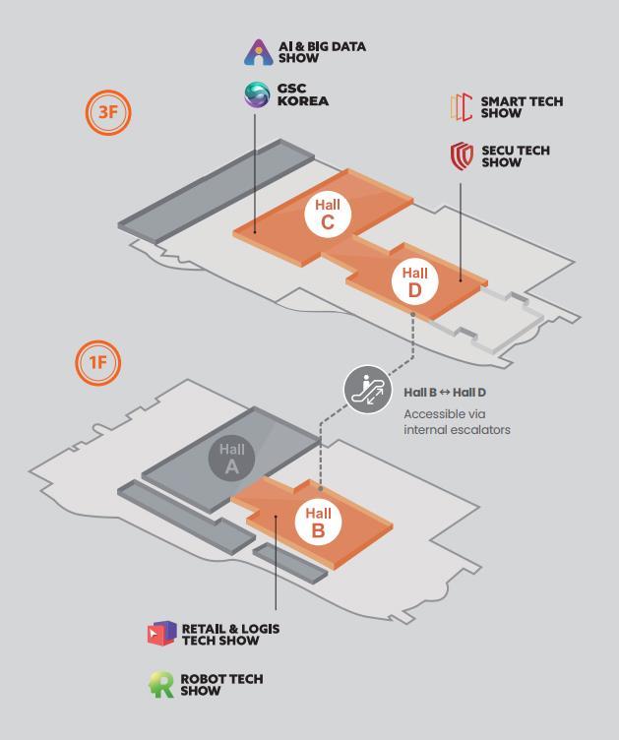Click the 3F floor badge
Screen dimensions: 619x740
click(x=107, y=111)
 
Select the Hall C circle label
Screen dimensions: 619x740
click(x=328, y=215)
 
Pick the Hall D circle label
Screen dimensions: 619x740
click(x=414, y=281)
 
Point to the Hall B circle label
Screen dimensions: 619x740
click(x=318, y=522)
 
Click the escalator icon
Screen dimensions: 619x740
click(x=367, y=389)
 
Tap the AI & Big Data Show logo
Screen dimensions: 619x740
click(x=258, y=52)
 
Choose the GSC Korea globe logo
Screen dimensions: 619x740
click(x=258, y=95)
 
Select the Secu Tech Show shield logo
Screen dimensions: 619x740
click(x=461, y=155)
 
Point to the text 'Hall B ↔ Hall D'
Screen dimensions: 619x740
click(x=445, y=393)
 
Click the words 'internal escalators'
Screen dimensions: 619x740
click(x=457, y=430)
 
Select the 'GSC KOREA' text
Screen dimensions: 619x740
click(x=302, y=95)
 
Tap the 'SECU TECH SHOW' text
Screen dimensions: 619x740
click(x=515, y=156)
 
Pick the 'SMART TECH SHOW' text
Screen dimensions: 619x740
click(x=522, y=107)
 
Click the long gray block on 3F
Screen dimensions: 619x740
click(x=217, y=188)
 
